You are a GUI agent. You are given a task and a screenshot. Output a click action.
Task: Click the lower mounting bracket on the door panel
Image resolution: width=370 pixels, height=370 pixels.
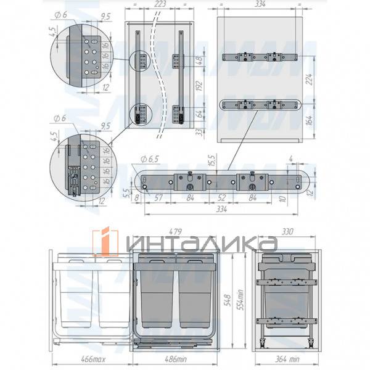(258, 104)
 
